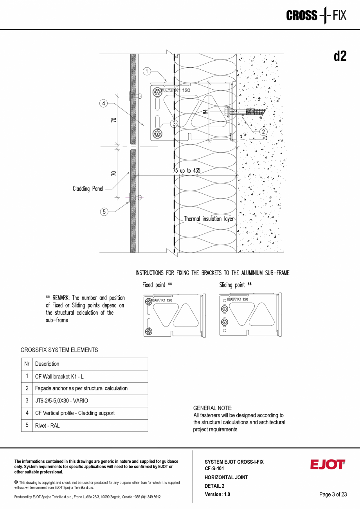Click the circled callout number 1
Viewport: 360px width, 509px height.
147,71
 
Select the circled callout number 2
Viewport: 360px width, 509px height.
264,132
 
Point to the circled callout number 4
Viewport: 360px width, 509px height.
103,103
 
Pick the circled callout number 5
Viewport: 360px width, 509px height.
104,211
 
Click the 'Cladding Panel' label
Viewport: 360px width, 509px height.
88,189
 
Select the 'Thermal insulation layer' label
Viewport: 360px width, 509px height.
209,219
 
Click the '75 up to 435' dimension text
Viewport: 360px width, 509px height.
187,171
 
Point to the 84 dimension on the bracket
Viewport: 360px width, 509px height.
205,112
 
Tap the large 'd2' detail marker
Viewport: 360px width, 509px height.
340,57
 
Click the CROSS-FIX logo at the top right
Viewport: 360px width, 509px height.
316,16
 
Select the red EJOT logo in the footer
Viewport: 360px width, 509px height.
328,464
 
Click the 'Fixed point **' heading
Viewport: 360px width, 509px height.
157,285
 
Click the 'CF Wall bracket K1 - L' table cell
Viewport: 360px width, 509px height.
59,376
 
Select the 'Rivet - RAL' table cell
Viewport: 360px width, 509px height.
47,426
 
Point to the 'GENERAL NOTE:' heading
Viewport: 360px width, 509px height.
213,408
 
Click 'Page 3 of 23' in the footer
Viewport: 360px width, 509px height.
333,494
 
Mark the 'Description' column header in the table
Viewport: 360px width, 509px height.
47,364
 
